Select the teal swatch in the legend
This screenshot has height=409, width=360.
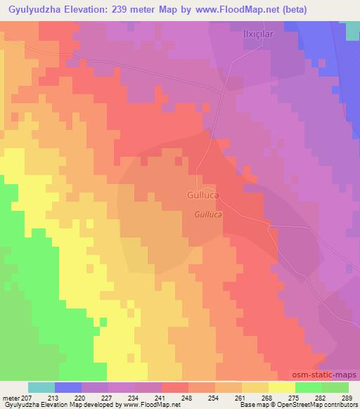41,387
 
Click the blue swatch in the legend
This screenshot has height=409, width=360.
68,387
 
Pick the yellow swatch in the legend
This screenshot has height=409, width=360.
281,387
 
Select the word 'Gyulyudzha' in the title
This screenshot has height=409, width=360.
35,9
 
